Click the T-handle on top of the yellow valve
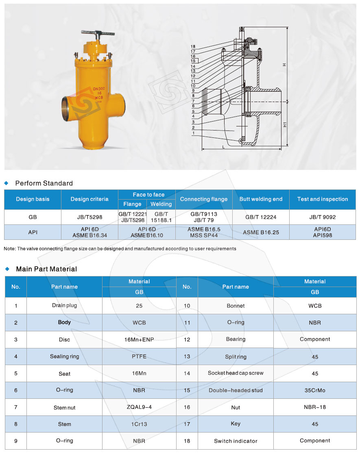94,33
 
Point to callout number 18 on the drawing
193,47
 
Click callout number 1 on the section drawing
193,133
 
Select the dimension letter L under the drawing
223,147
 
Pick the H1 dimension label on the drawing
285,124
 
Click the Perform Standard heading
44,183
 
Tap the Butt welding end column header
261,199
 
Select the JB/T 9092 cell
323,217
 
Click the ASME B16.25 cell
261,233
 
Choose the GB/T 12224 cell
261,217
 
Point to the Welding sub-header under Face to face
161,204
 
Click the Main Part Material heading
46,269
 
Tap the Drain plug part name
64,305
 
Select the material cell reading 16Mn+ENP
139,339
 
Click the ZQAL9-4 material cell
139,407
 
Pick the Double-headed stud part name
236,390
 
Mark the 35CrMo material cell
315,390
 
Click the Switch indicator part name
236,441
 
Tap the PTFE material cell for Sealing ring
139,357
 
